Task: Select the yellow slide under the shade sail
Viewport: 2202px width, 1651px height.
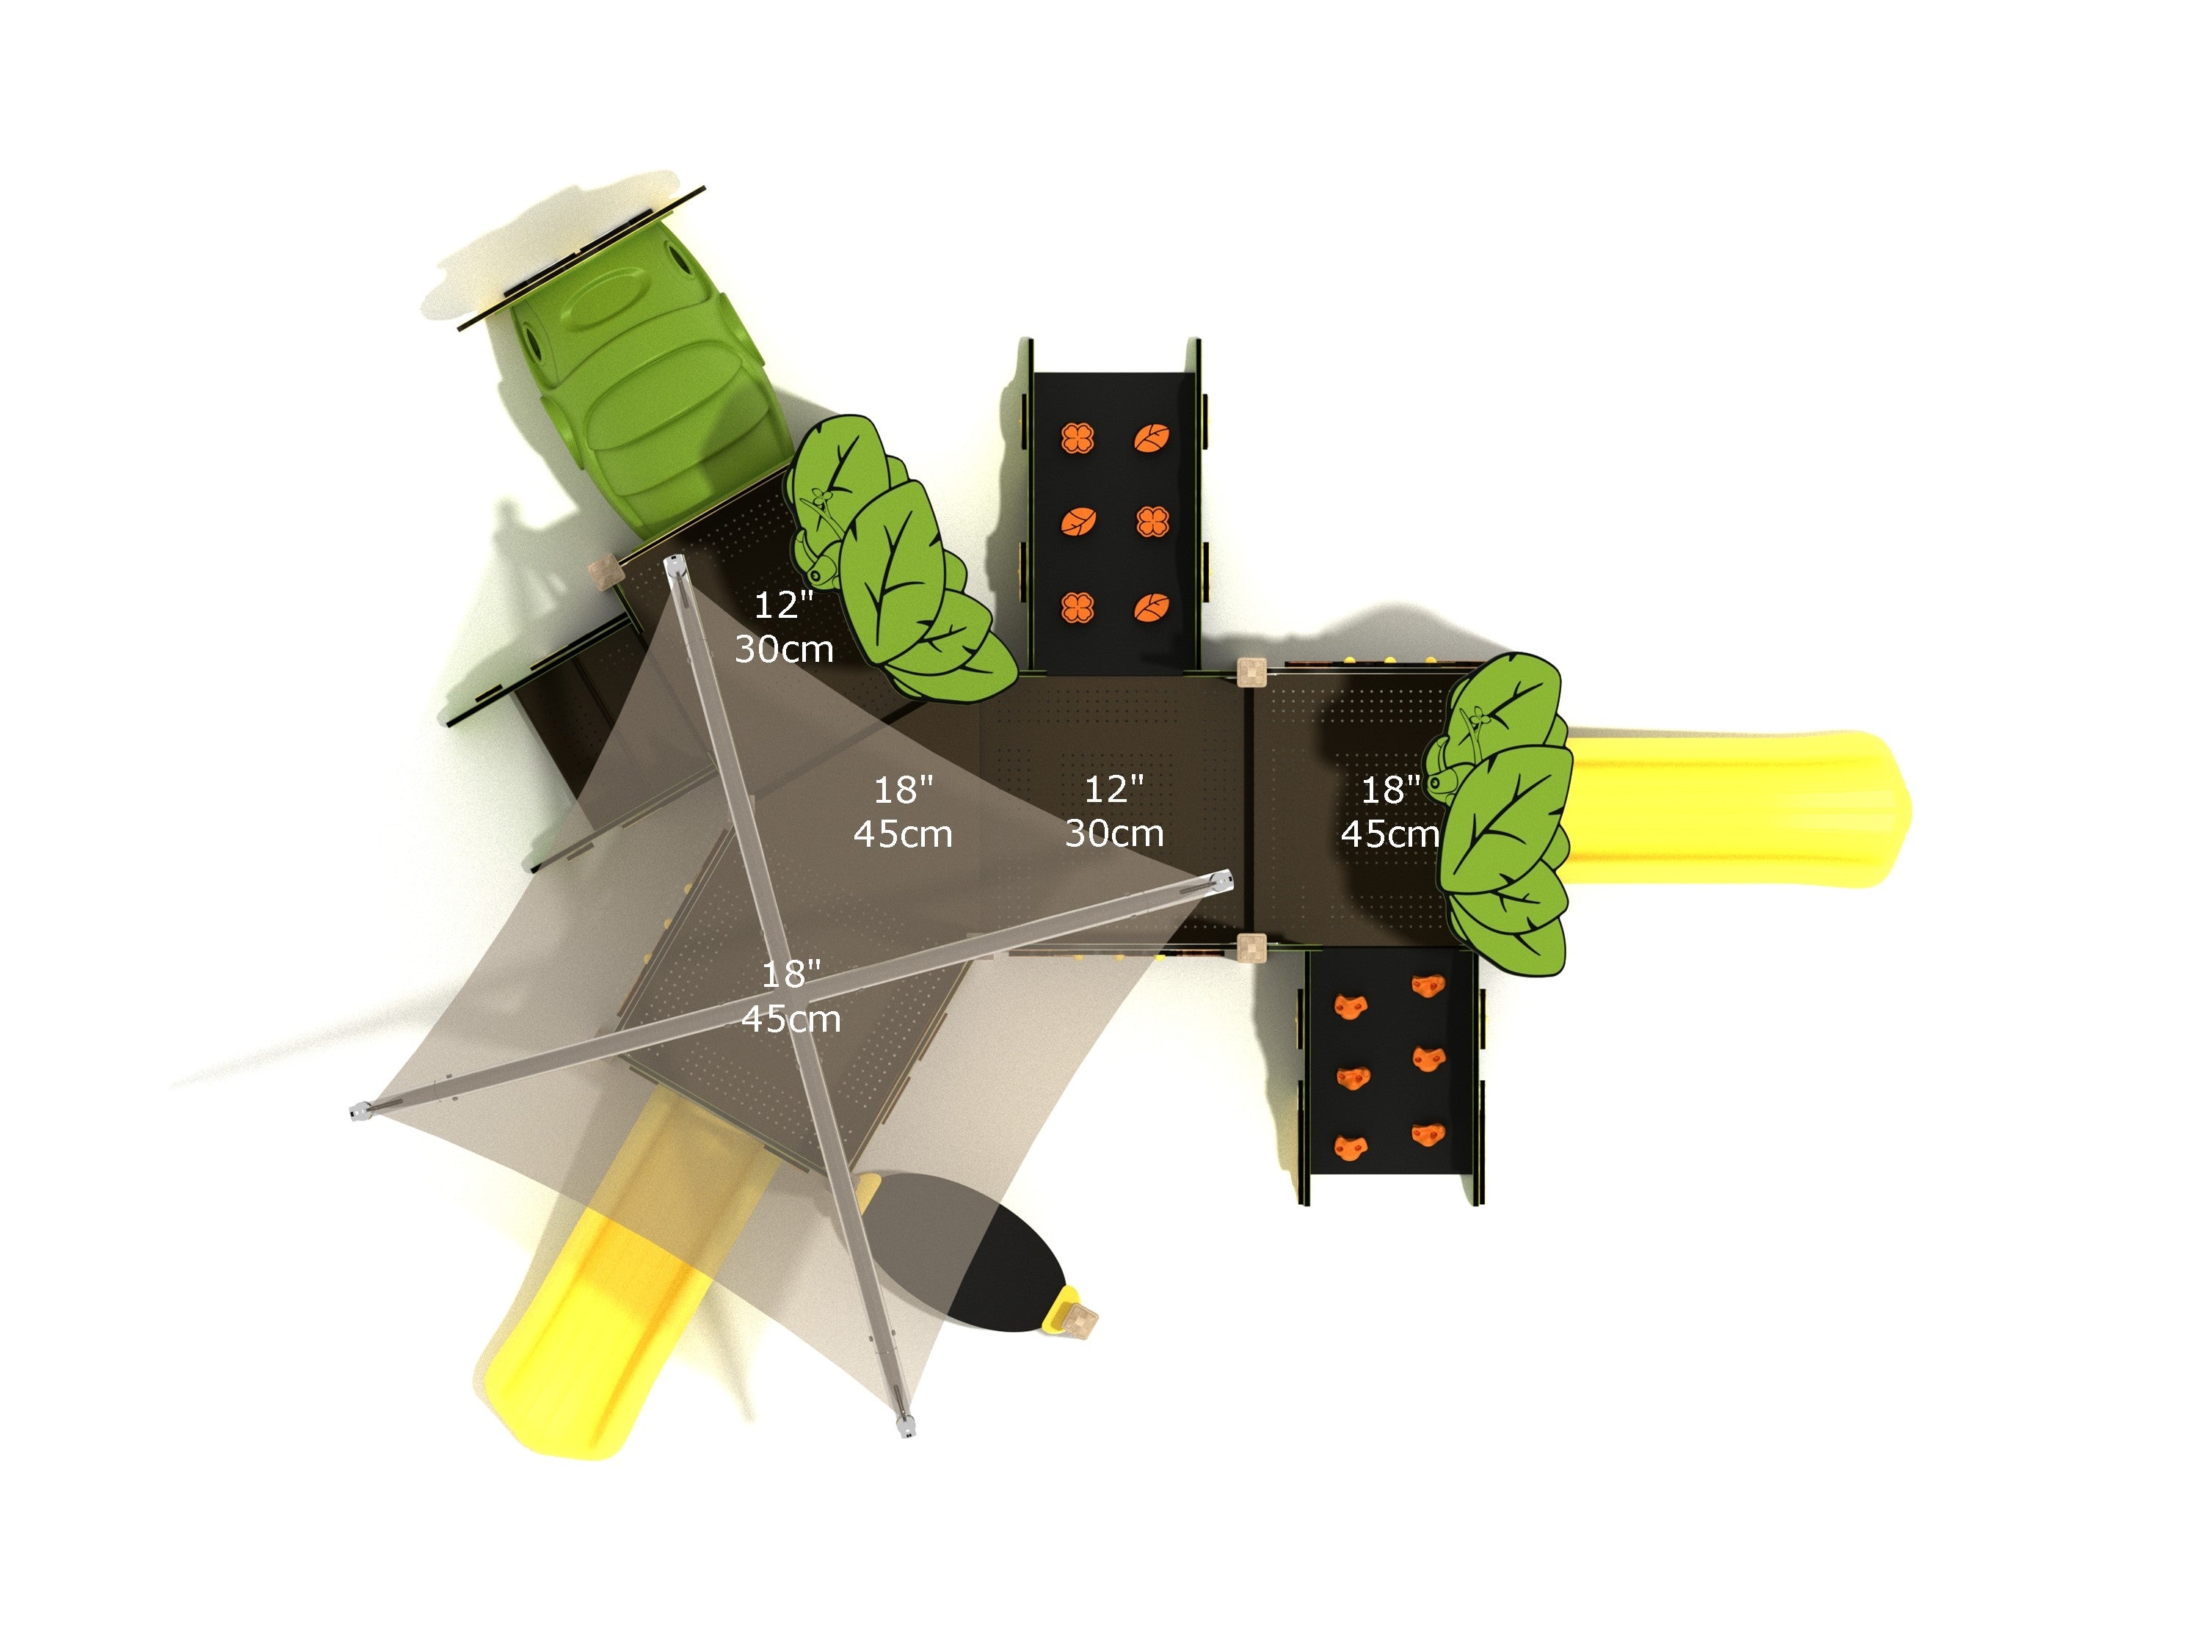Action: (x=617, y=1284)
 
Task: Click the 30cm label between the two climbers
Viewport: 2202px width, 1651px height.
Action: (x=1114, y=833)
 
